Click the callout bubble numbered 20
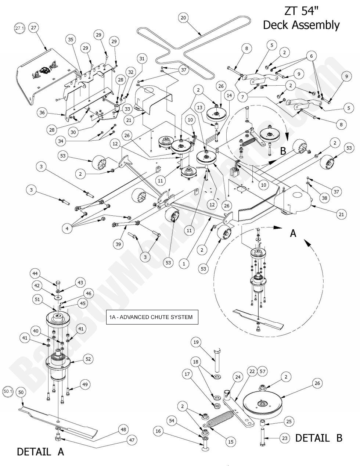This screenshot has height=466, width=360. [184, 17]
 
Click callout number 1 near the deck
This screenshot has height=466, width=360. [184, 263]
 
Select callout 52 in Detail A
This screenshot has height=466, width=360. [88, 359]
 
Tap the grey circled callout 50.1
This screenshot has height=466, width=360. [8, 392]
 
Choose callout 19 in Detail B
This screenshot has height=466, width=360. [196, 342]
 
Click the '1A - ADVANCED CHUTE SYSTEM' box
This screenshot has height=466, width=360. [152, 317]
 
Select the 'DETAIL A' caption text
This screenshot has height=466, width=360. [40, 452]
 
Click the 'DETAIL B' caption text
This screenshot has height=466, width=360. [318, 438]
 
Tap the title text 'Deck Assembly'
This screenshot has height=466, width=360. [301, 25]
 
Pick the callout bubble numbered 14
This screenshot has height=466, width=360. [229, 95]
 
